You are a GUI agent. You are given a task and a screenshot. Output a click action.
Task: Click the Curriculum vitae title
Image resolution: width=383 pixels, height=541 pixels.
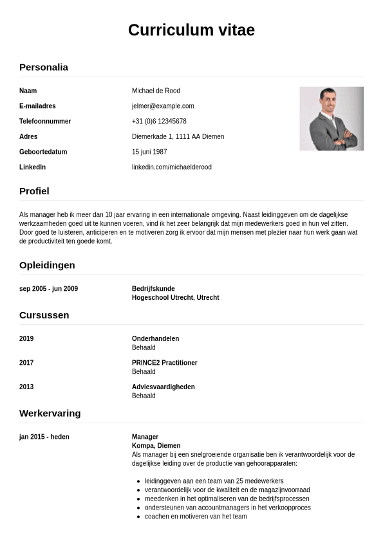[191, 30]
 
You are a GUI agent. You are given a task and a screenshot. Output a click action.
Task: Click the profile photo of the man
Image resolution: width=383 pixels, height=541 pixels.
[332, 118]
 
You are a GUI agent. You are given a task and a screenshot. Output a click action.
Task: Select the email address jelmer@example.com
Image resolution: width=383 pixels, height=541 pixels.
[163, 106]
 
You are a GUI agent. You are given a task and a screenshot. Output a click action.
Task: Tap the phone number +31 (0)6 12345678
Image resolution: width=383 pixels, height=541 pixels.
[159, 122]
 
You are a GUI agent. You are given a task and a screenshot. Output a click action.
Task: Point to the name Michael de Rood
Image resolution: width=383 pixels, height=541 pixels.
[156, 91]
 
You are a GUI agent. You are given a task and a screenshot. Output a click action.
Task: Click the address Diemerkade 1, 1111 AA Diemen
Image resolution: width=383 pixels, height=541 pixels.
[178, 136]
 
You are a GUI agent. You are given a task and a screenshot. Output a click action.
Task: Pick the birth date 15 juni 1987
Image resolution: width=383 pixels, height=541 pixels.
[149, 152]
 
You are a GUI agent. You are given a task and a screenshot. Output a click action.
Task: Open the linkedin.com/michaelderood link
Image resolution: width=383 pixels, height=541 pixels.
[171, 167]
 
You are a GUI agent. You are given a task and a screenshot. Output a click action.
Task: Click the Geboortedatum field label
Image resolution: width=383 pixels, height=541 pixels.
[43, 152]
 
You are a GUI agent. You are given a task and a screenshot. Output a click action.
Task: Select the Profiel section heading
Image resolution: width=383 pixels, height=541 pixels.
[34, 191]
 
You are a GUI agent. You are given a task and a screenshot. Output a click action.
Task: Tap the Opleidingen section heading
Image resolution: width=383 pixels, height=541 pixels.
[47, 265]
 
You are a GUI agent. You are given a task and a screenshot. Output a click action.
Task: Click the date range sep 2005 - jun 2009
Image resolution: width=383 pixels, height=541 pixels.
[48, 289]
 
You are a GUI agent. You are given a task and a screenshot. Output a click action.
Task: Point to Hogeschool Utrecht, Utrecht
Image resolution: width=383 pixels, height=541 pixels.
[175, 298]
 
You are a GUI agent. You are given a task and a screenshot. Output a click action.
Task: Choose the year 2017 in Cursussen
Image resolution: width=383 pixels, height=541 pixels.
[26, 363]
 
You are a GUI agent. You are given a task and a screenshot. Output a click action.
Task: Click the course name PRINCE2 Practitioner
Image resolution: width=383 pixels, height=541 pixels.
[164, 363]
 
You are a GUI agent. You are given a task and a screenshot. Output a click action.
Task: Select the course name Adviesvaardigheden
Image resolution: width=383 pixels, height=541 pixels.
[163, 387]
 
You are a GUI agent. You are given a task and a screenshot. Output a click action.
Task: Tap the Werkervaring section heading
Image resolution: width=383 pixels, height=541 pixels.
[50, 413]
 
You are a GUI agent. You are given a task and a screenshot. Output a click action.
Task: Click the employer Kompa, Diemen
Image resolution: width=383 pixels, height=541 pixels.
[156, 446]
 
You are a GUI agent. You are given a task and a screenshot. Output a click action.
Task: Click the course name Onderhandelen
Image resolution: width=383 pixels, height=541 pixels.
[155, 338]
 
